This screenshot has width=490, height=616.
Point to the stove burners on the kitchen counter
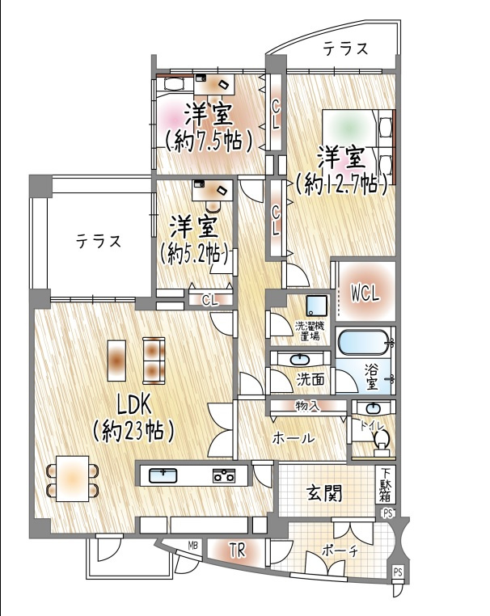coord(223,475)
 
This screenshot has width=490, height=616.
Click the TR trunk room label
coord(236,551)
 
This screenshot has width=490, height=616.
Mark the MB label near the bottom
coord(193,546)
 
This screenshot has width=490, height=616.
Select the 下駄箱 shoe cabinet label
coord(386,485)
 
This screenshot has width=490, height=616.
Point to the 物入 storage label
coord(306,405)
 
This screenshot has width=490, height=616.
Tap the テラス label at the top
coord(346,49)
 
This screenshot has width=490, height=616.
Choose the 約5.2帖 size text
coord(194,251)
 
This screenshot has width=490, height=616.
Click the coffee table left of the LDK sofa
coord(117,360)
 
